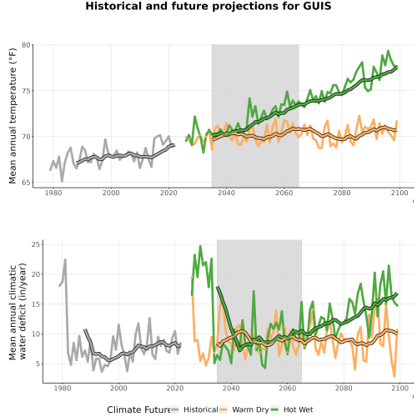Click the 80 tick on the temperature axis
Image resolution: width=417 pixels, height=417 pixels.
click(26, 45)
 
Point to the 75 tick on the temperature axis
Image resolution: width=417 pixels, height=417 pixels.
click(26, 91)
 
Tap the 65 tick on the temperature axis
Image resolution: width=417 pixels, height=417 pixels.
click(26, 183)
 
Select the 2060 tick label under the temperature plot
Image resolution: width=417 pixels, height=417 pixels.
click(284, 193)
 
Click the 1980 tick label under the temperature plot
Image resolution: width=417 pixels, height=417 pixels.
click(53, 193)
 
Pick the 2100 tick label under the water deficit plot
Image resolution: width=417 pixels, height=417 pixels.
click(399, 388)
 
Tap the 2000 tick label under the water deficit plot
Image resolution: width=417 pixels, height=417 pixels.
click(118, 388)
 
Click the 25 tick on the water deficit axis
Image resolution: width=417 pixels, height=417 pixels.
click(36, 244)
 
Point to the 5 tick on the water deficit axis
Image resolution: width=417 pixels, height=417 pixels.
click(38, 364)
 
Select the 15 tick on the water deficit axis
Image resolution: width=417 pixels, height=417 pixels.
click(36, 304)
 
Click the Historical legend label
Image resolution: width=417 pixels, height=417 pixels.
click(201, 409)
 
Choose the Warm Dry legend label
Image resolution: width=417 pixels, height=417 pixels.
click(250, 410)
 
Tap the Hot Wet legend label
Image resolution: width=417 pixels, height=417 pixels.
click(299, 409)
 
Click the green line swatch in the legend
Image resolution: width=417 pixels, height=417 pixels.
click(274, 409)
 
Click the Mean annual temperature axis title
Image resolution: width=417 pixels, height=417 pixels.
click(13, 116)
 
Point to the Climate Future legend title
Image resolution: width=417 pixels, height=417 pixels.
click(138, 409)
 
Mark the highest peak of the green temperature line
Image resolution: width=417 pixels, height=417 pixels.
click(388, 51)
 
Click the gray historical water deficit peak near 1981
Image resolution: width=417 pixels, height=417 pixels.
click(65, 259)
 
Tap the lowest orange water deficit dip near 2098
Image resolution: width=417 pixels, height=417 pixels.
click(394, 377)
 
